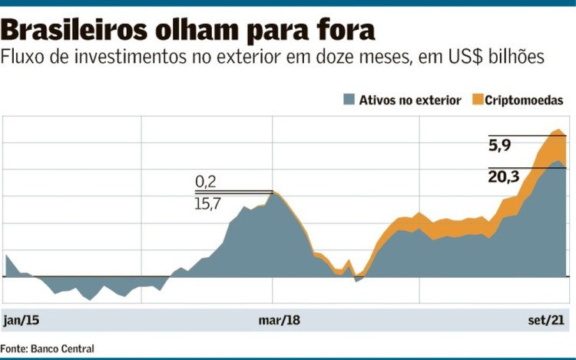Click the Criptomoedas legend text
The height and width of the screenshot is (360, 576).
(525, 100)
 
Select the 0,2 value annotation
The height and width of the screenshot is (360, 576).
(206, 181)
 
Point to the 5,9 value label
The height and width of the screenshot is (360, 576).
(499, 145)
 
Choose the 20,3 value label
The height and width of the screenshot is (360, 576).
(504, 177)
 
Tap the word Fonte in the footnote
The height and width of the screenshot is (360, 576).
(15, 348)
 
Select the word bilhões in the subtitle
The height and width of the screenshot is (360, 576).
(516, 57)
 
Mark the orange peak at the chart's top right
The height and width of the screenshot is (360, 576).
(558, 130)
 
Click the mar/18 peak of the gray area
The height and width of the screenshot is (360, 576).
(272, 193)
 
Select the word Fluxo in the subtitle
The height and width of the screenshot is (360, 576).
(24, 57)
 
